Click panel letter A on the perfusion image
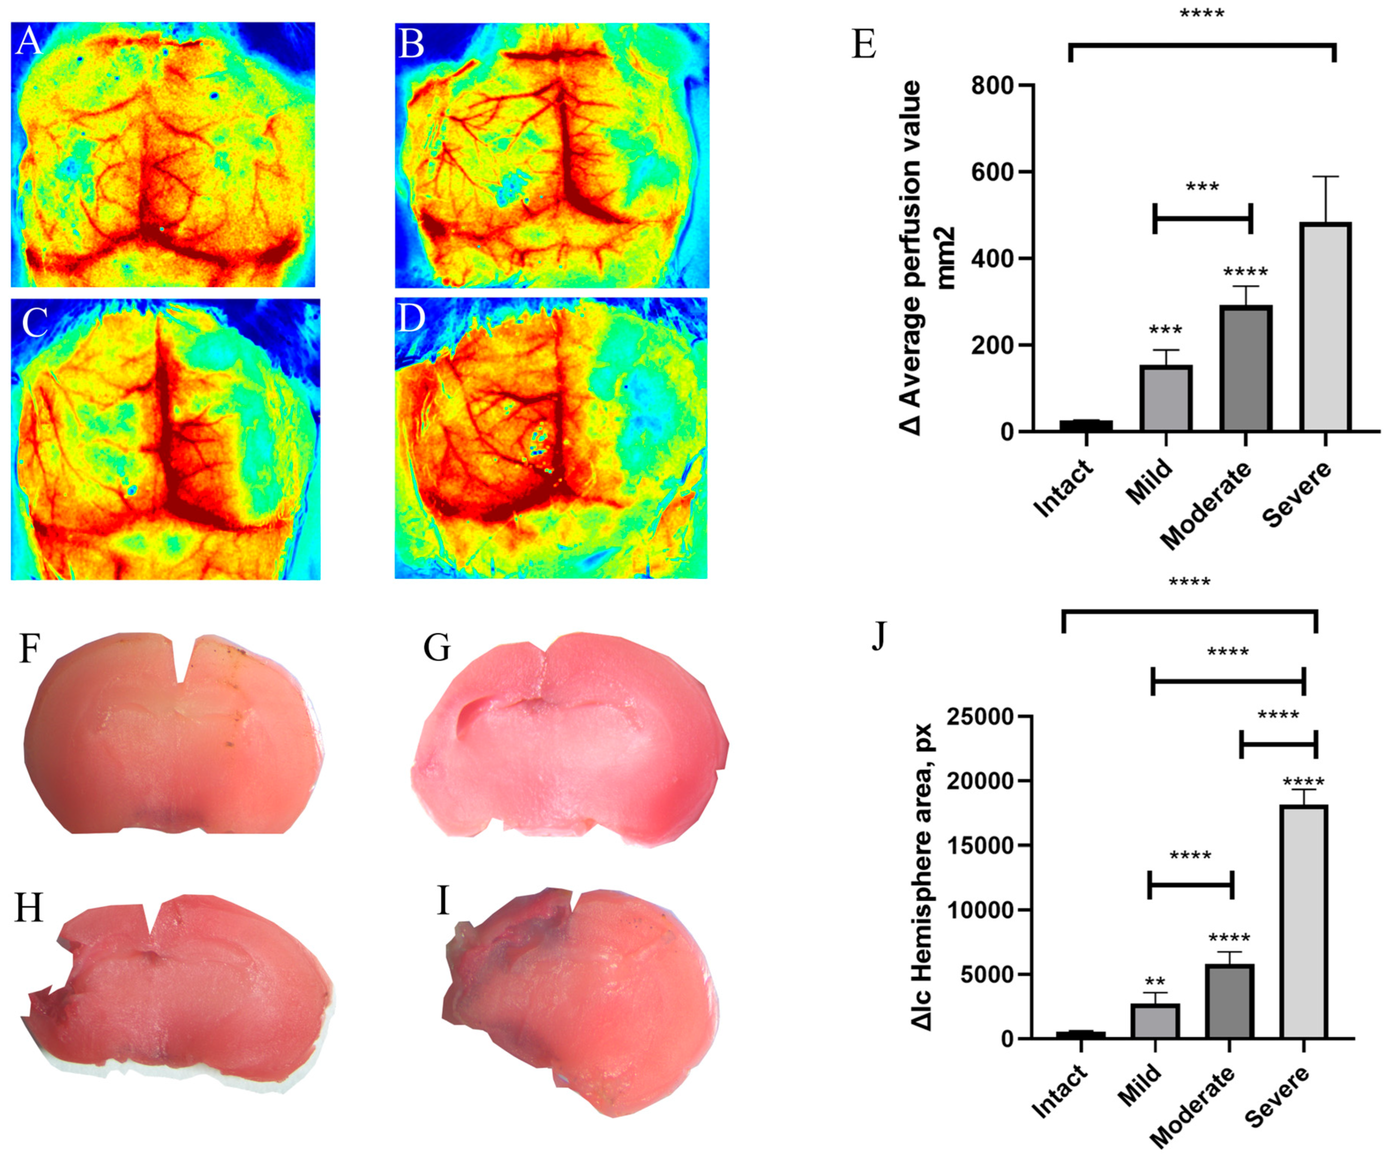(29, 42)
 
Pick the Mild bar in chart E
(1166, 398)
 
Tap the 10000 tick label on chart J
(974, 910)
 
